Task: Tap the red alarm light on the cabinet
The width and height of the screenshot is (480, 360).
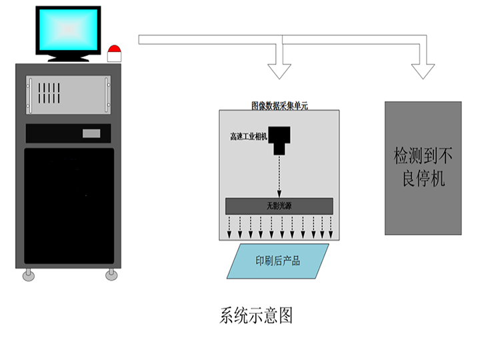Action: click(x=115, y=53)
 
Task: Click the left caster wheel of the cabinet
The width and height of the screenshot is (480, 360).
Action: click(x=28, y=275)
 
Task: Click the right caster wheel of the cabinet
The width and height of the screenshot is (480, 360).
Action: click(x=110, y=275)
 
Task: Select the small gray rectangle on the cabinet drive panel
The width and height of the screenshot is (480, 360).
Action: click(x=91, y=133)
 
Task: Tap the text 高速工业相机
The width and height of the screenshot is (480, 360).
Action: click(x=248, y=137)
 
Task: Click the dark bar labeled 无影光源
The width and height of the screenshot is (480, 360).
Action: click(x=279, y=206)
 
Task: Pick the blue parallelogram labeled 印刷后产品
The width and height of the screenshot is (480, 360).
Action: click(x=277, y=261)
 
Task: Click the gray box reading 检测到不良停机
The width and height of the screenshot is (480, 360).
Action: click(x=423, y=167)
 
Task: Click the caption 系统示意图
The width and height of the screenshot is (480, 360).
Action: click(x=256, y=315)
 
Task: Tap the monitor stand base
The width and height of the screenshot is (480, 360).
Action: click(x=69, y=59)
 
